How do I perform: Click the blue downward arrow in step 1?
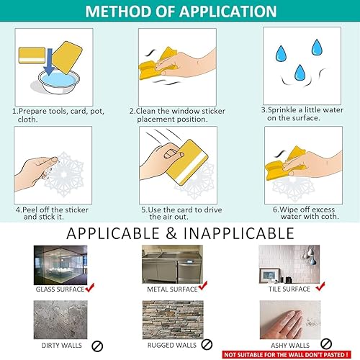[50, 61]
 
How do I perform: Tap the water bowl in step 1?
[59, 81]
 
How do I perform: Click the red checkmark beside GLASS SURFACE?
[90, 287]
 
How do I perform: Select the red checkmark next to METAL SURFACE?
[203, 286]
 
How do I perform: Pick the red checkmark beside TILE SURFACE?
[320, 287]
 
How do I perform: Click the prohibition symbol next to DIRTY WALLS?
[97, 346]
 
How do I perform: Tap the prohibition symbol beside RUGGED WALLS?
[207, 344]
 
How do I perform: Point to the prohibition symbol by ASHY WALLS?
[326, 344]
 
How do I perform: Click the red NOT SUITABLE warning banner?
[287, 355]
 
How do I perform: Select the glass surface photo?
[60, 265]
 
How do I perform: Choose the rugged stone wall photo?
[173, 320]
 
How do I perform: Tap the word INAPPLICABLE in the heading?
[239, 233]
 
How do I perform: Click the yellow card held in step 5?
[187, 162]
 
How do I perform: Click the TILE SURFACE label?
[289, 289]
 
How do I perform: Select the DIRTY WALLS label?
[62, 346]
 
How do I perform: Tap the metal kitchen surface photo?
[172, 264]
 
